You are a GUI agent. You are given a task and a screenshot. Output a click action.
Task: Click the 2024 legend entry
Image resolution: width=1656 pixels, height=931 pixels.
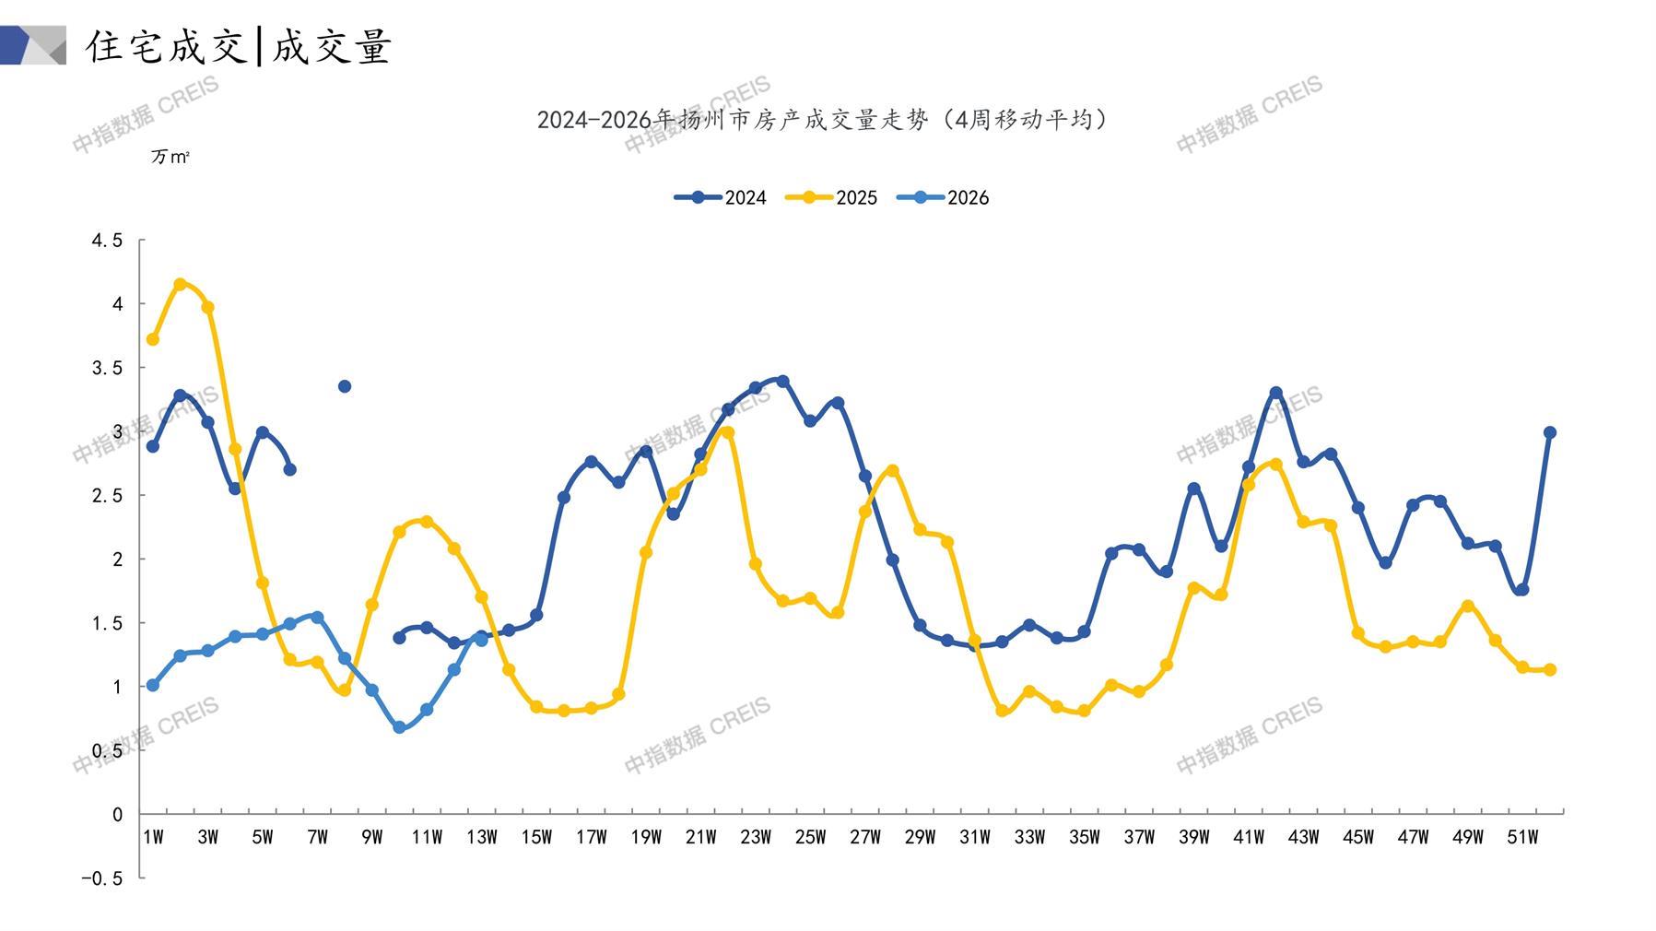(721, 197)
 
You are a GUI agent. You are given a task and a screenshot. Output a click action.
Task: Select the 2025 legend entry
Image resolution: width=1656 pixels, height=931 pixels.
(831, 197)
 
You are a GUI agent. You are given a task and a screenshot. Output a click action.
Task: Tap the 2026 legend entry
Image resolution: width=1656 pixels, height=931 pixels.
(943, 197)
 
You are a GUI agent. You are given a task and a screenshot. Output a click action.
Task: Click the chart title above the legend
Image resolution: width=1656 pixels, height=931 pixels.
(823, 120)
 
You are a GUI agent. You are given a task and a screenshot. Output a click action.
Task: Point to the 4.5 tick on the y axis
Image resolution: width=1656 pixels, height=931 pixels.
(106, 241)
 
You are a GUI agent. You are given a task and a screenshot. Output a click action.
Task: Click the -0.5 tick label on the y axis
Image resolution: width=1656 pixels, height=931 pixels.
(101, 878)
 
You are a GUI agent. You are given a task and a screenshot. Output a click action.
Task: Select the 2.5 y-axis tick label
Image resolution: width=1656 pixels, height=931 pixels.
(106, 495)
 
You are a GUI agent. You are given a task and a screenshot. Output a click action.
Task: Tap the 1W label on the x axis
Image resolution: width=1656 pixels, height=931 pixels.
(153, 837)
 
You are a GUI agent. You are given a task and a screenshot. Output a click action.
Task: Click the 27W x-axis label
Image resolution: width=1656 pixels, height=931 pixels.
(865, 837)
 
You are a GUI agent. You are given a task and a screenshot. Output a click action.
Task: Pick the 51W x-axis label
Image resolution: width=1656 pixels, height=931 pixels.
(1522, 837)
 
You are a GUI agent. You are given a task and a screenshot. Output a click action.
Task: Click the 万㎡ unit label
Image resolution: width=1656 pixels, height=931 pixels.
(170, 157)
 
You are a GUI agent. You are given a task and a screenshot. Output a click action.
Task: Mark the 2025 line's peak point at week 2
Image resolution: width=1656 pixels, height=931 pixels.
(181, 284)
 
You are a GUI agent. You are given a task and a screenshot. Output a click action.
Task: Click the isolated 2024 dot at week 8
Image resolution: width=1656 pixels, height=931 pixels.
(345, 386)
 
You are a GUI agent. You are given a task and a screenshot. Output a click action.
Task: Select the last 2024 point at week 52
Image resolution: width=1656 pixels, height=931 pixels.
(1550, 432)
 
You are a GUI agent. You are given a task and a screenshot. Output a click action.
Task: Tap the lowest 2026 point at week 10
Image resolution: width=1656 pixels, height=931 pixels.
(399, 727)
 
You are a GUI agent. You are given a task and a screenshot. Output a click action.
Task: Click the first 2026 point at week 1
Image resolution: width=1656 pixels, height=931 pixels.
(153, 685)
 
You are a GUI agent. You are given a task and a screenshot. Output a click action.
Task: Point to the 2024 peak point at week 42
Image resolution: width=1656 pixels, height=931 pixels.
(1276, 393)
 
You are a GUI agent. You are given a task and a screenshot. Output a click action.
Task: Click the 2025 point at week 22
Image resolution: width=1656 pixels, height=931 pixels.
(728, 432)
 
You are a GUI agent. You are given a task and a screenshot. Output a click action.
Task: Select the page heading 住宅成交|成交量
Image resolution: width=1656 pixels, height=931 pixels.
(240, 46)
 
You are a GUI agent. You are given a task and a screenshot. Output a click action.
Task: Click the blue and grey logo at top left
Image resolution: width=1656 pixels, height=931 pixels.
(33, 45)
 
